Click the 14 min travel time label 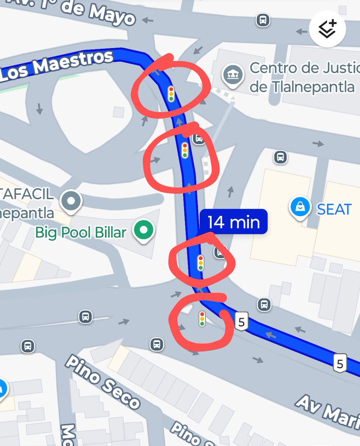(234, 222)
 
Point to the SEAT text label (334, 210)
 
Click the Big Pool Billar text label (81, 233)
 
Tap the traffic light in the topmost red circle (171, 94)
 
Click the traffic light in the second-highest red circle (185, 150)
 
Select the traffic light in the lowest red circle (202, 319)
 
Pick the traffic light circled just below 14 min (201, 263)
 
